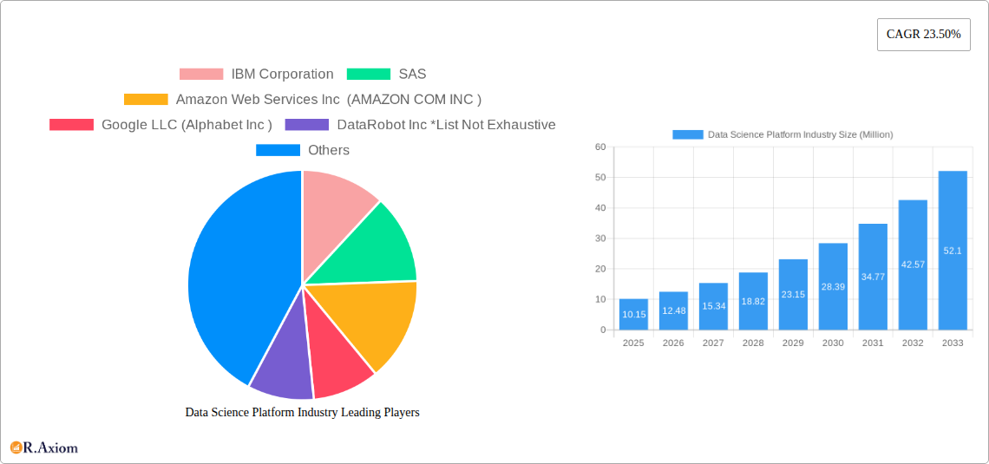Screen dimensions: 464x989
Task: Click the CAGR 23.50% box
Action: pyautogui.click(x=923, y=35)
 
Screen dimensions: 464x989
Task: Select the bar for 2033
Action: pyautogui.click(x=953, y=252)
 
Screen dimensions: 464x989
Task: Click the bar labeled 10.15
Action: pyautogui.click(x=633, y=314)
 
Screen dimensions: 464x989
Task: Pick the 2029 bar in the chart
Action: pyautogui.click(x=793, y=295)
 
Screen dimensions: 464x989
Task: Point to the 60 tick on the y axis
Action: pyautogui.click(x=600, y=147)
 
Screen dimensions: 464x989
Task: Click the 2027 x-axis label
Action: pyautogui.click(x=713, y=343)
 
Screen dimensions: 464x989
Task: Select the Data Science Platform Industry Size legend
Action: pyautogui.click(x=783, y=134)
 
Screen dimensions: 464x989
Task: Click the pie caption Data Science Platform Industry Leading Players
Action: pyautogui.click(x=302, y=413)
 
